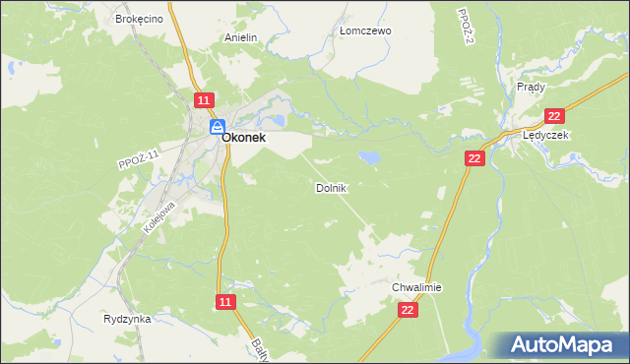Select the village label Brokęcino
(137, 19)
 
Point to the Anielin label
(240, 38)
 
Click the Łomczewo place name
(365, 30)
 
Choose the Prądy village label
(531, 87)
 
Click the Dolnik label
(331, 187)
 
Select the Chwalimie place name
(417, 287)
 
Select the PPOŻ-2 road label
(467, 27)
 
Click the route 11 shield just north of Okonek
(203, 101)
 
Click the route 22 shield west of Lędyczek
(475, 158)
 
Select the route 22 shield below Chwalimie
(409, 310)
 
